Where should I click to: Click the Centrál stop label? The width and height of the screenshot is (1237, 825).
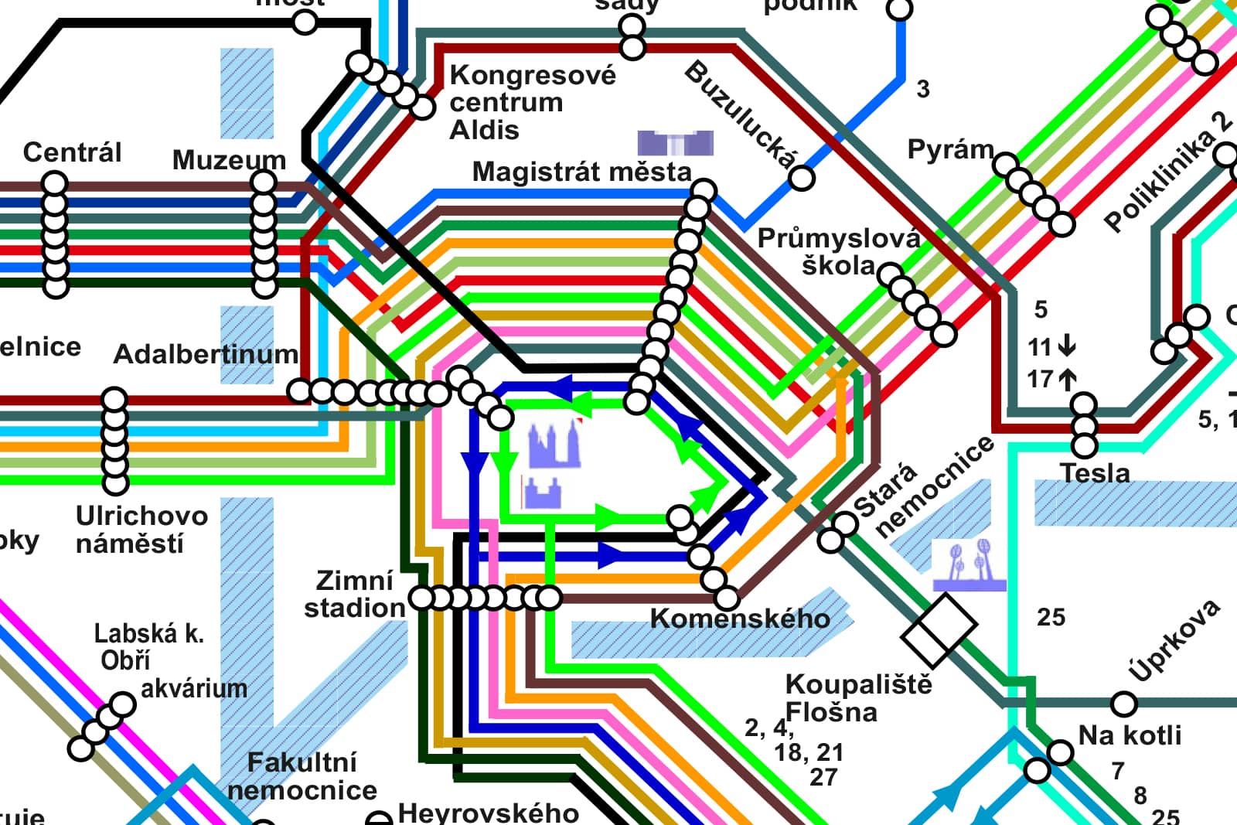[72, 152]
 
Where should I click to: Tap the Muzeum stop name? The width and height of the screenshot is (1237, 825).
[229, 160]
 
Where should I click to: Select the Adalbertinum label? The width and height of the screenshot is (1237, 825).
[206, 354]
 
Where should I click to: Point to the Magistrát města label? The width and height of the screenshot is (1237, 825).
[581, 172]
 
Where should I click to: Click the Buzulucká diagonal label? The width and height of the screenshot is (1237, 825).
[740, 114]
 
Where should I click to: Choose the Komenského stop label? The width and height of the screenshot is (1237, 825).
[740, 619]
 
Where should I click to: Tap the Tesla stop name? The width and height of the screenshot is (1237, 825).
[1095, 473]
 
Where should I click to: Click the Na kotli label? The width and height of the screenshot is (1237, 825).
[1130, 735]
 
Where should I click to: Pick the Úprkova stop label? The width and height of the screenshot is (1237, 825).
[1174, 640]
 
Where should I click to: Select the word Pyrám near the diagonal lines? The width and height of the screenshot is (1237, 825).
[950, 148]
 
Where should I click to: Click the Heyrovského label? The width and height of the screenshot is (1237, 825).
[488, 813]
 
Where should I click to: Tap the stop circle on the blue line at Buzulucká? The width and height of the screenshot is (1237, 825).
[802, 179]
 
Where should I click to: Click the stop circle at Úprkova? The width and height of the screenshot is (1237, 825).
[1123, 704]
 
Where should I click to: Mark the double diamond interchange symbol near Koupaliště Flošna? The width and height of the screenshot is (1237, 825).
[939, 629]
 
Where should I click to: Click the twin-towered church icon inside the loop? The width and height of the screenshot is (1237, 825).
[554, 446]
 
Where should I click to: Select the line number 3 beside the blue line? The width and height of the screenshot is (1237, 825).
[923, 90]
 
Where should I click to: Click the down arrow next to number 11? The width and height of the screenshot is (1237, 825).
[1067, 345]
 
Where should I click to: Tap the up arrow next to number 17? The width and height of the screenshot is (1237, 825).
[1067, 380]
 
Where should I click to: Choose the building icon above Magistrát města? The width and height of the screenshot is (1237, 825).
[675, 143]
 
